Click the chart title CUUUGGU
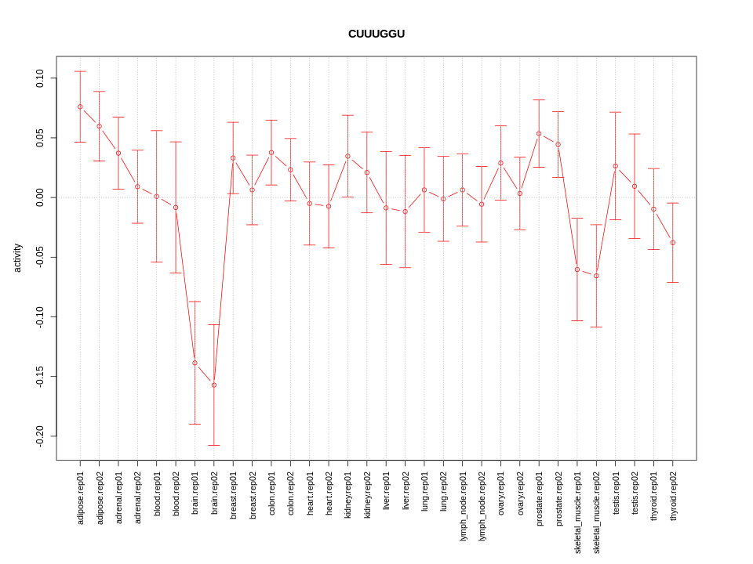point(376,34)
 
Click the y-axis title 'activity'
point(17,258)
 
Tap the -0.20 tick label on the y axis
point(40,436)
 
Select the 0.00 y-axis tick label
point(40,197)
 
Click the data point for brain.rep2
point(214,385)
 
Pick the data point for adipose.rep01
point(80,107)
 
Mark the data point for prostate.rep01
point(539,133)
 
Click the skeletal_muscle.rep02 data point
point(596,276)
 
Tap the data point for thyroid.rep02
point(673,243)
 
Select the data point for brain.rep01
point(195,363)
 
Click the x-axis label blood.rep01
point(157,497)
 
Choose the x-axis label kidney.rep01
point(348,497)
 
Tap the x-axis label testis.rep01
point(616,496)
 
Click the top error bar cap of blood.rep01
point(157,131)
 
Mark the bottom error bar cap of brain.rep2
point(214,445)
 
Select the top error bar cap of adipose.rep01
point(80,71)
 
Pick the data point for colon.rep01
point(271,153)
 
